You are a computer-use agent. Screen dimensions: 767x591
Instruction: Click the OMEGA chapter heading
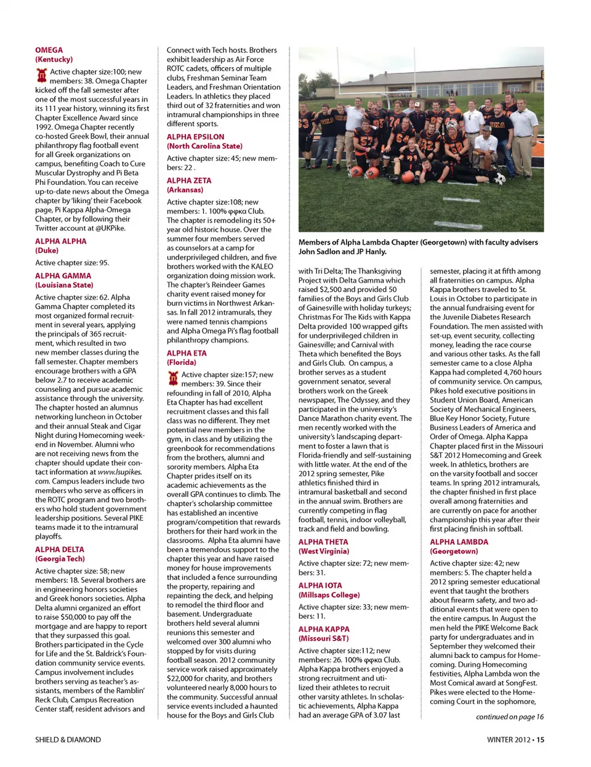pyautogui.click(x=49, y=50)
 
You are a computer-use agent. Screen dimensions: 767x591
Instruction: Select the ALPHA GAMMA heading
pyautogui.click(x=63, y=276)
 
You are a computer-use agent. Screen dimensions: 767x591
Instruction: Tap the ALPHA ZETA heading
pyautogui.click(x=189, y=181)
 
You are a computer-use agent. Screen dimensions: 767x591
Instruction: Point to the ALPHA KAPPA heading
pyautogui.click(x=324, y=629)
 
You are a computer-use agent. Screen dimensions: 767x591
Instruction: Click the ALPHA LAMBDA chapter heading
pyautogui.click(x=459, y=542)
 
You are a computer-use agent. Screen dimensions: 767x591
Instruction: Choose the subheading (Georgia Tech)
pyautogui.click(x=60, y=559)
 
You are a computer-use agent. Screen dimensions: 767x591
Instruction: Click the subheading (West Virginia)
pyautogui.click(x=324, y=551)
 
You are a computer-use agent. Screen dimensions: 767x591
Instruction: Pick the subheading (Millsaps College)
pyautogui.click(x=329, y=595)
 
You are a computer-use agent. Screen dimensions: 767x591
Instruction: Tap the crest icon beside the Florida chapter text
pyautogui.click(x=173, y=379)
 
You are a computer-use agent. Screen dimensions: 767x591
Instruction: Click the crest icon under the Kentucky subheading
pyautogui.click(x=42, y=76)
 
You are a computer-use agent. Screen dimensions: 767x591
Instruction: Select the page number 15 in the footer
pyautogui.click(x=540, y=739)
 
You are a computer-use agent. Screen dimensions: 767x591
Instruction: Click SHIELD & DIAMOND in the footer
pyautogui.click(x=68, y=739)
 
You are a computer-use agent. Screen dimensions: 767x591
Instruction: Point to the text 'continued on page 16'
pyautogui.click(x=510, y=716)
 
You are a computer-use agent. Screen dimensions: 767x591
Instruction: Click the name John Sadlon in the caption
pyautogui.click(x=320, y=251)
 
